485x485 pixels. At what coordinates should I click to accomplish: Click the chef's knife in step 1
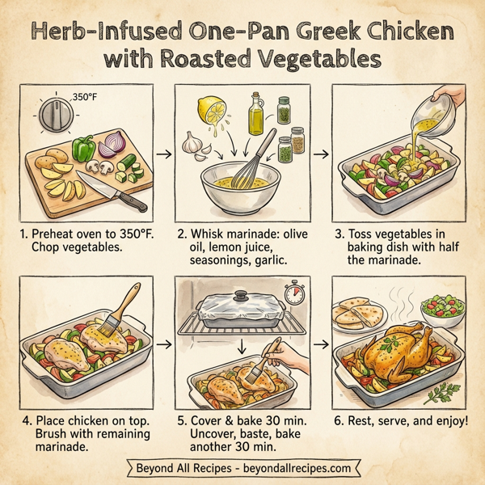[x=118, y=195]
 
